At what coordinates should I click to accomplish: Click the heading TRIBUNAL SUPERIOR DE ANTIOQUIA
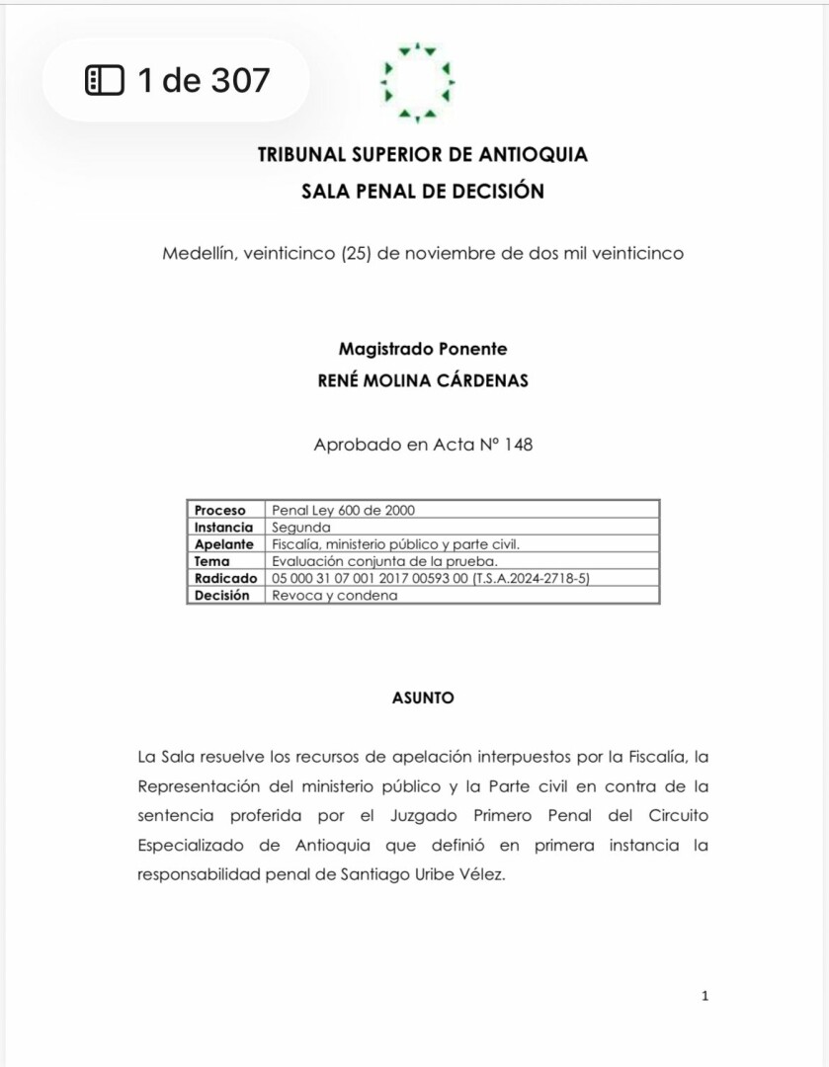(422, 155)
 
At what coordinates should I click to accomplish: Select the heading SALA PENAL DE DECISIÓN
(422, 192)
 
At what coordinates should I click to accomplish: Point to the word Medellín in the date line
(196, 253)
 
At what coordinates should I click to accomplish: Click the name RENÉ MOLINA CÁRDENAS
(422, 381)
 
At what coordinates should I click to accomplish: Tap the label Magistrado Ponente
(422, 349)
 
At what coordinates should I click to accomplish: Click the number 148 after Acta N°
(518, 445)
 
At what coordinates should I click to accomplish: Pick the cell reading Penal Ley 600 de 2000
(343, 511)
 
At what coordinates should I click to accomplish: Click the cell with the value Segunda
(301, 528)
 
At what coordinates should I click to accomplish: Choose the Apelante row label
(224, 544)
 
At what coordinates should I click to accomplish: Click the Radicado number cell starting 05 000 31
(430, 578)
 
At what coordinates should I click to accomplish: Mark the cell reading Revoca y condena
(334, 595)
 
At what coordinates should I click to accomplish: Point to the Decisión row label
(222, 595)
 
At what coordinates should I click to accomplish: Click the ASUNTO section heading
(423, 698)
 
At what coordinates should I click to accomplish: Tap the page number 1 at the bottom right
(705, 996)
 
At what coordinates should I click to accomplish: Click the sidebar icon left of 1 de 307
(105, 80)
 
